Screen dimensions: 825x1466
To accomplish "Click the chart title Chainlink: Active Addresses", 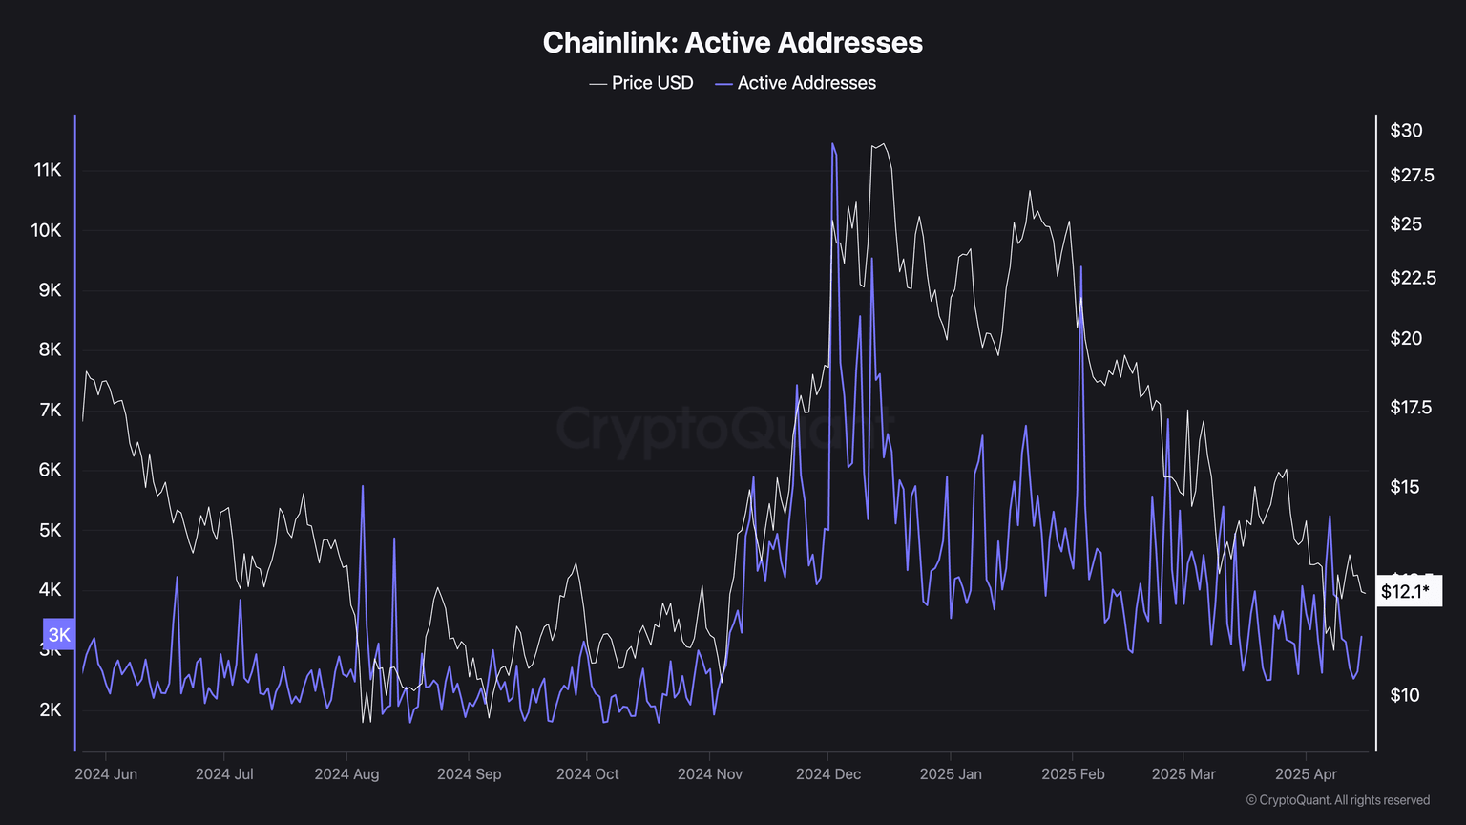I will [732, 43].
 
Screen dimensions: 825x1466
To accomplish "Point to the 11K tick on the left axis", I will [48, 170].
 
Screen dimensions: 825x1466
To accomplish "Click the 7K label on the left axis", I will [50, 410].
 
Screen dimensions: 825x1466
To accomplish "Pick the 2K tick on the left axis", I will [50, 709].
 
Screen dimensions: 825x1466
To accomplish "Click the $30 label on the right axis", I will [1406, 131].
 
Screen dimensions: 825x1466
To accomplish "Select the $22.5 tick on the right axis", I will [1413, 278].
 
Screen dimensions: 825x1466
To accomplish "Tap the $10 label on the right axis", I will [1405, 695].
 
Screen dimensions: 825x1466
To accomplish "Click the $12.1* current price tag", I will [1406, 592].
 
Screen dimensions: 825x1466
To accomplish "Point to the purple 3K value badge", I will [59, 635].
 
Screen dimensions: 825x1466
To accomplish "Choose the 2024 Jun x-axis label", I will [106, 773].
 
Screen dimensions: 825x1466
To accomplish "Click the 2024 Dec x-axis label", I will [828, 773].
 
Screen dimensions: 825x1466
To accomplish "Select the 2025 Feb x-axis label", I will [1073, 773].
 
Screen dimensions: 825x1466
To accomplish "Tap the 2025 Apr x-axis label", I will [1307, 773].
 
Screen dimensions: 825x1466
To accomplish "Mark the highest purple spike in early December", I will [832, 145].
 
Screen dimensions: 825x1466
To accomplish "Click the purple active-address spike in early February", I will [1081, 268].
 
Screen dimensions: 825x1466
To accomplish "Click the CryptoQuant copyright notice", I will [1337, 800].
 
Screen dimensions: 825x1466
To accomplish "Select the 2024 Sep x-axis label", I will [469, 773].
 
